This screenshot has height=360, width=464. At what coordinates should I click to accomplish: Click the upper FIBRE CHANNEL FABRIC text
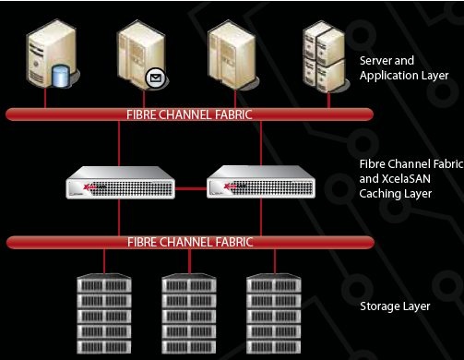click(x=189, y=114)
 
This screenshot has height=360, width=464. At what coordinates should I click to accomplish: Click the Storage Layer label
click(x=394, y=304)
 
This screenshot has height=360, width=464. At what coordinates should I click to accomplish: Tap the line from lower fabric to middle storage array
click(x=189, y=259)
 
